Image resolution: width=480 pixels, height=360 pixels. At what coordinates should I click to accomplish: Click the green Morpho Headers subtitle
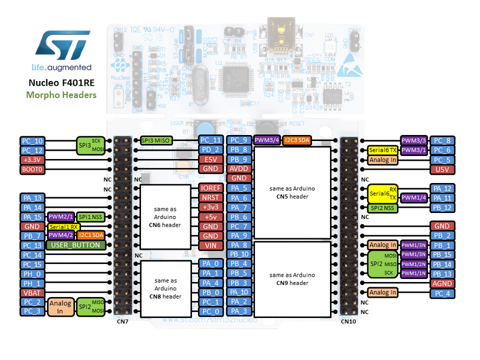(61, 95)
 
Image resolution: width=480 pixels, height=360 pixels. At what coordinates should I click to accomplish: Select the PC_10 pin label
(32, 141)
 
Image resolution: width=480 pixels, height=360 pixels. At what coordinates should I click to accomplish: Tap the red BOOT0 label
(32, 169)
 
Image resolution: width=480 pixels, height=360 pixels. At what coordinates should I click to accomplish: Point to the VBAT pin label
(32, 292)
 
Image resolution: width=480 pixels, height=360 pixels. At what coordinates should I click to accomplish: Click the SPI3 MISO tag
(155, 140)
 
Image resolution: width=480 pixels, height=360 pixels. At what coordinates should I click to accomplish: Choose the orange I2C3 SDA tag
(298, 140)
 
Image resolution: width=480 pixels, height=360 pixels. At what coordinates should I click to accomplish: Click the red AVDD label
(239, 169)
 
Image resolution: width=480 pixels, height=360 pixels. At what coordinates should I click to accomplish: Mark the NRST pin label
(211, 197)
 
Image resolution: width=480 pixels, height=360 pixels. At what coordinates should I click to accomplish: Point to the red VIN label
(211, 245)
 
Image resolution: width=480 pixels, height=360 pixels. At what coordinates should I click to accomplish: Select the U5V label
(442, 169)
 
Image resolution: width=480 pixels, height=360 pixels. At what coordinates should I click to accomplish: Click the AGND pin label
(442, 283)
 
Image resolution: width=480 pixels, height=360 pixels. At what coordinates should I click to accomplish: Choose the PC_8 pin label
(442, 141)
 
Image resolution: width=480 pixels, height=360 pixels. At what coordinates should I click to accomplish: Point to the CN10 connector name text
(349, 321)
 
